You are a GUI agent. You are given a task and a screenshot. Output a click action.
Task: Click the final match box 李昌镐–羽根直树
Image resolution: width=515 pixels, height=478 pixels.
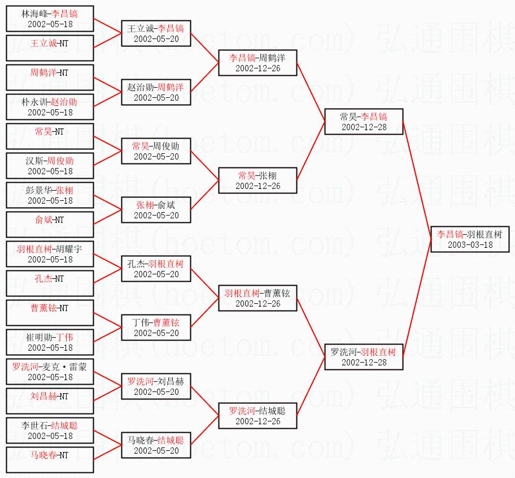469,239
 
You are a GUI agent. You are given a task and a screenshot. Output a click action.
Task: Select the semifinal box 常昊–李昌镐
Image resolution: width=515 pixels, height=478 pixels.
363,122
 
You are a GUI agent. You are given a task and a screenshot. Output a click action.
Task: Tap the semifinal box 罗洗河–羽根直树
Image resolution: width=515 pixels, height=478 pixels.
363,357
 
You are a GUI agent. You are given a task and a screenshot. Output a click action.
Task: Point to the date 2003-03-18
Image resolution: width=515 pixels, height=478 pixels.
469,245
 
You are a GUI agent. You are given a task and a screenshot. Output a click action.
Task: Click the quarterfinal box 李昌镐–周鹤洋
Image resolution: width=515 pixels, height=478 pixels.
257,63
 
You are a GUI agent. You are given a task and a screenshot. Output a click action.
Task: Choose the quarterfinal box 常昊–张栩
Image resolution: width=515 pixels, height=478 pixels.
257,180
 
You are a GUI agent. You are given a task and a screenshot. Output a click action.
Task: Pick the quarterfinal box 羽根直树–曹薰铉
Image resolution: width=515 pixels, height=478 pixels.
257,298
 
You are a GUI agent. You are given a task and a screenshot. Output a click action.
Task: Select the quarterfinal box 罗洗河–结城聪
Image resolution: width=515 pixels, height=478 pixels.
257,416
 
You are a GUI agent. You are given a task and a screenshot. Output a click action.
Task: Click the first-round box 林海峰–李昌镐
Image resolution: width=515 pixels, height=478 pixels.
50,19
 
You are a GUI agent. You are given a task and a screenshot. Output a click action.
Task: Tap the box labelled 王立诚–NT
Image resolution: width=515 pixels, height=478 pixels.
50,48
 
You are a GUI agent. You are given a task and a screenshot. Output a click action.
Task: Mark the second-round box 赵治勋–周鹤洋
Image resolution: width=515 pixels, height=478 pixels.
156,92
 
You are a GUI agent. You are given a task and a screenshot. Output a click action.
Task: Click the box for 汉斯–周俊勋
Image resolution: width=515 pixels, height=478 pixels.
50,166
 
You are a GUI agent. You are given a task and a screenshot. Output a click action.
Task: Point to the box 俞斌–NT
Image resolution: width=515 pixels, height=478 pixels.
50,225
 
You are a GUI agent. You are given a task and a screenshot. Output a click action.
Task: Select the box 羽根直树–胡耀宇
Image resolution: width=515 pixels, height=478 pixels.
50,254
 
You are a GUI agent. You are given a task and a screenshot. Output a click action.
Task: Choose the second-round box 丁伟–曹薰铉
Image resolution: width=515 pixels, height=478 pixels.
156,328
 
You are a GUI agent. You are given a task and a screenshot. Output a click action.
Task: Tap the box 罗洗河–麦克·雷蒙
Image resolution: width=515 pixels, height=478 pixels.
50,372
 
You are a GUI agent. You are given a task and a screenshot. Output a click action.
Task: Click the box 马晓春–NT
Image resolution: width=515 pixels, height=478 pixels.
50,460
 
